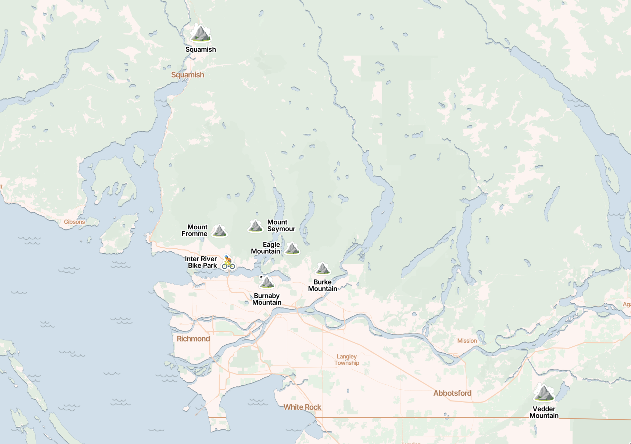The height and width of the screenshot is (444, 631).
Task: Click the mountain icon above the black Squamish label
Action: coord(200,34)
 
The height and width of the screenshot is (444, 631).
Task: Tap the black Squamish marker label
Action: coord(201,49)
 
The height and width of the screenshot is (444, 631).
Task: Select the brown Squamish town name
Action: coord(187,75)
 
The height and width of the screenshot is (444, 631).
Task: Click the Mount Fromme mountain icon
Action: coord(219,231)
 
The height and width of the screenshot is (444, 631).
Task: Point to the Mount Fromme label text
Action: coord(195,230)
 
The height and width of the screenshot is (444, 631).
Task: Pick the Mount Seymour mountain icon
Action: coord(255,226)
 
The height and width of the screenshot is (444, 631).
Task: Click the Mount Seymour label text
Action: coord(281,225)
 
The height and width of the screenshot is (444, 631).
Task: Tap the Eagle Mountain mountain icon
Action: coord(292,248)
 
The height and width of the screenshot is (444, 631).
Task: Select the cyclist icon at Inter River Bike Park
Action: coord(228,263)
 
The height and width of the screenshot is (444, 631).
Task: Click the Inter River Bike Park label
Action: coord(201,262)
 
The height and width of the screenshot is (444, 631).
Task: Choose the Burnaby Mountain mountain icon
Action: coord(267,282)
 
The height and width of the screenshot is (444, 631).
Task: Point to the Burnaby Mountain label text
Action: coord(267,299)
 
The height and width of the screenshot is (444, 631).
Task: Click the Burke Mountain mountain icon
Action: coord(322,269)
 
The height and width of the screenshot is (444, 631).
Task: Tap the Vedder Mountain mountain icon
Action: coord(544,393)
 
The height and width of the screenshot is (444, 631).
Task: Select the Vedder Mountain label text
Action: coord(544,412)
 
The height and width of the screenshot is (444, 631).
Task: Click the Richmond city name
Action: coord(193,339)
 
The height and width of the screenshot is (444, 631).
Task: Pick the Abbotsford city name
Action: coord(452,393)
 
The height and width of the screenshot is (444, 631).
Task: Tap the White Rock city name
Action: coord(302,407)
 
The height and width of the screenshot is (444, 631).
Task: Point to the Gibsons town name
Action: coord(74,222)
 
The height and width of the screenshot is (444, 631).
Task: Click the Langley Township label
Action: coord(347,360)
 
